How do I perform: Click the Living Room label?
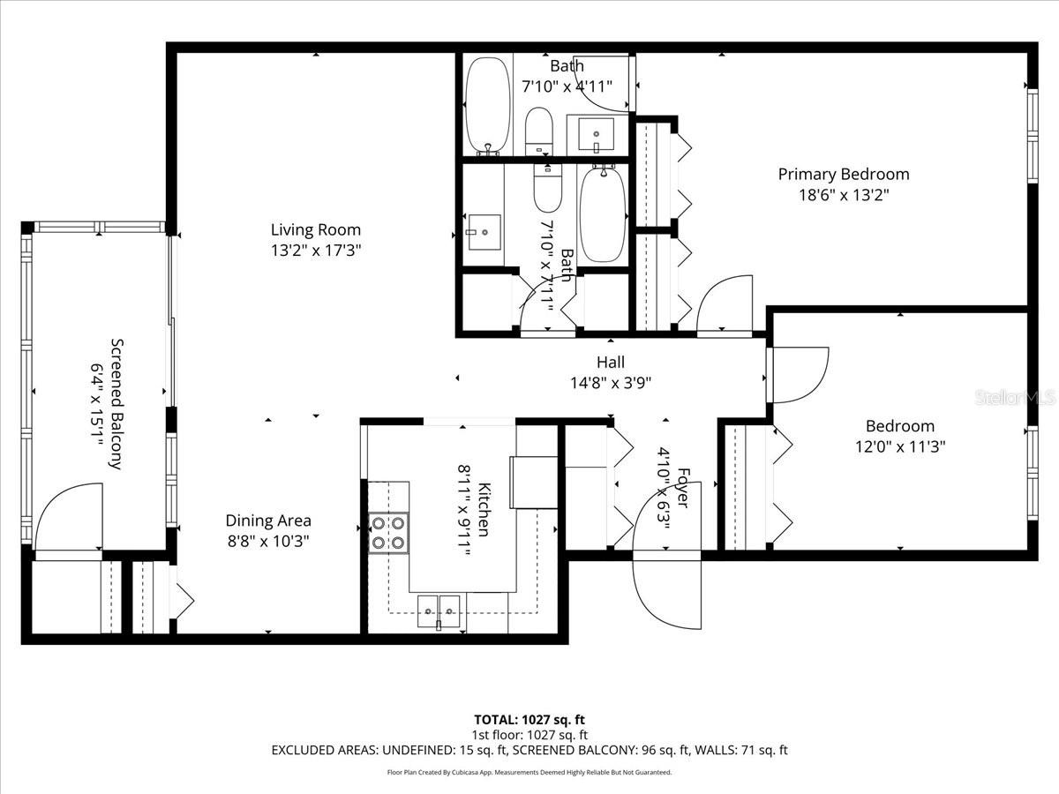point(316,230)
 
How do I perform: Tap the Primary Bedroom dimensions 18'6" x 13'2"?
point(843,195)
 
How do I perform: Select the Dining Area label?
point(268,521)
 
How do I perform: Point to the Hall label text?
point(610,362)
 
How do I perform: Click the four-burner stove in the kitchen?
point(388,533)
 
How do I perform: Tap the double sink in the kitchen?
point(439,607)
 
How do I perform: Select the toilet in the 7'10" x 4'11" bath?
point(538,131)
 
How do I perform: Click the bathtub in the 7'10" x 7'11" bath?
point(603,214)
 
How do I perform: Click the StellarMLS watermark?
point(1014,398)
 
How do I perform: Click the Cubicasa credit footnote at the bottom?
point(529,772)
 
